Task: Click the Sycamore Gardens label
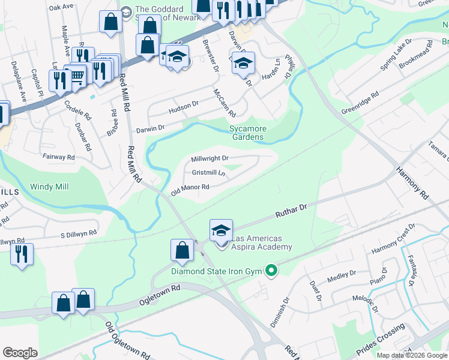[247, 133]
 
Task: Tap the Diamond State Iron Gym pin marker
[271, 271]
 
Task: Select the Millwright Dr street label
[210, 158]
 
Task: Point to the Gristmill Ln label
[208, 173]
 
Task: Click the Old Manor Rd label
[190, 190]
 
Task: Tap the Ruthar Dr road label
[291, 210]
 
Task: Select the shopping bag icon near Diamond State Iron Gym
[182, 251]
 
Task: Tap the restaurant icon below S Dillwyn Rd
[22, 254]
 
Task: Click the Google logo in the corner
[20, 353]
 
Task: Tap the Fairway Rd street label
[59, 157]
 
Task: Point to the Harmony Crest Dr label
[393, 239]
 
